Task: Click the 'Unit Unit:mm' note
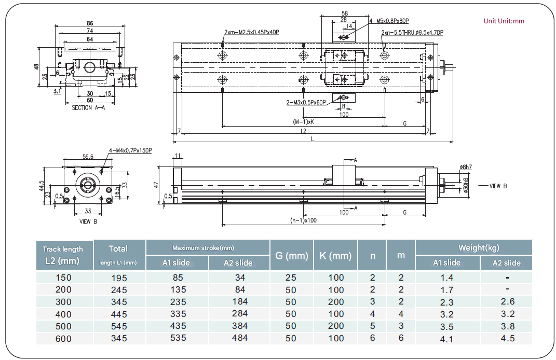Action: tap(504, 21)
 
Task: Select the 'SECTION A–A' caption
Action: tap(88, 107)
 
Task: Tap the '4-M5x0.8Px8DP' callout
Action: tap(389, 21)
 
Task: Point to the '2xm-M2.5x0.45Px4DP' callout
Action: tap(252, 32)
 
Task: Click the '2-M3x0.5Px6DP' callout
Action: tap(306, 102)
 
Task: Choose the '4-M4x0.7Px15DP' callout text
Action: tap(130, 151)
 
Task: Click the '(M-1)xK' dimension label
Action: tap(304, 122)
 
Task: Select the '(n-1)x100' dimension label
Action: tap(304, 220)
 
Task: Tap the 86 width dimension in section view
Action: tap(90, 23)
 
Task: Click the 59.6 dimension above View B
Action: tap(88, 156)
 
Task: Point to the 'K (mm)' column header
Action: tap(336, 256)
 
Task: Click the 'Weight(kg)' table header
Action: tap(479, 247)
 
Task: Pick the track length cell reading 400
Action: tap(63, 314)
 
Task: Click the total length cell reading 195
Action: tap(119, 278)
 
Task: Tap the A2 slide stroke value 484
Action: tap(240, 338)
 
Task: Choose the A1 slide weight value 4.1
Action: tap(446, 339)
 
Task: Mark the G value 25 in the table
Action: tap(291, 278)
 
